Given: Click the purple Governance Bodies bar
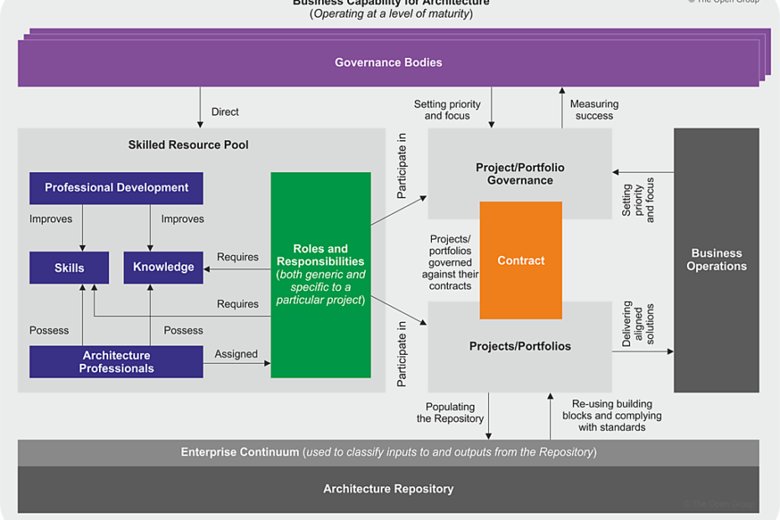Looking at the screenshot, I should click(387, 63).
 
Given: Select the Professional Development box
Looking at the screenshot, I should click(117, 188).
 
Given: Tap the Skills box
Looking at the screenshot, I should click(70, 268).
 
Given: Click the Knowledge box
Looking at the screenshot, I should click(164, 268).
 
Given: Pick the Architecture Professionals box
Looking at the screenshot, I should click(117, 361).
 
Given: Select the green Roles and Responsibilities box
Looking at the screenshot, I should click(320, 274).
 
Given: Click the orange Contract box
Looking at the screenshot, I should click(521, 261).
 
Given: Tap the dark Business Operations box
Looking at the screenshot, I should click(716, 260).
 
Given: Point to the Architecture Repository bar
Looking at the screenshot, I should click(388, 489).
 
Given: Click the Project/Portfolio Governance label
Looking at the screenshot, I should click(520, 174).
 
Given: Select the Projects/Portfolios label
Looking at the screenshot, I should click(520, 346).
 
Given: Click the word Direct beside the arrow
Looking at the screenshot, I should click(225, 112).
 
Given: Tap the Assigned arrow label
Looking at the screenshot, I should click(236, 354).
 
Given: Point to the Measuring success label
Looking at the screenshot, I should click(594, 110).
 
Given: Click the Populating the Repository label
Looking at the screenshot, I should click(450, 412).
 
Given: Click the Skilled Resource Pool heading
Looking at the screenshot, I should click(189, 145).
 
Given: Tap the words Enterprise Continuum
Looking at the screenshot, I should click(240, 452).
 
